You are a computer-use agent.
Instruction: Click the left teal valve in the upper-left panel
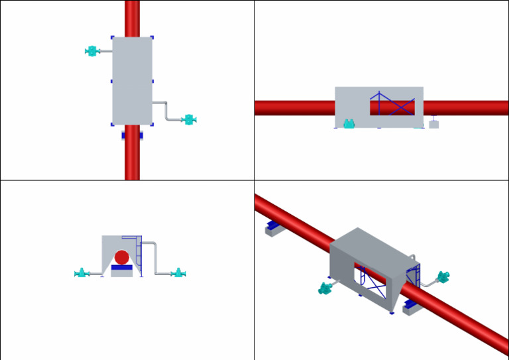click(91, 51)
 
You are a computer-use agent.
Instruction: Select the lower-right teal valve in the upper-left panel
click(189, 120)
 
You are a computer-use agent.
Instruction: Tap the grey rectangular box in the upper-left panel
click(132, 80)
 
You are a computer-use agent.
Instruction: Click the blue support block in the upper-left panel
click(132, 135)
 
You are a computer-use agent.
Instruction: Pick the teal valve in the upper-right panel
click(349, 123)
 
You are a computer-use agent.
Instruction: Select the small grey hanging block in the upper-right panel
click(434, 124)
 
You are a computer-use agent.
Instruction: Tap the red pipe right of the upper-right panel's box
click(464, 107)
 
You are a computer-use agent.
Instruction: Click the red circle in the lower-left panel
click(122, 257)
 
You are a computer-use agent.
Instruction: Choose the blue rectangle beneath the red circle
click(122, 268)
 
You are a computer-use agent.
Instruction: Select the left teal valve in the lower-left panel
click(82, 272)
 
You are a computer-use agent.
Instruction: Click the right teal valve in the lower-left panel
click(177, 272)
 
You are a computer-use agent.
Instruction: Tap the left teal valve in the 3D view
click(325, 288)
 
